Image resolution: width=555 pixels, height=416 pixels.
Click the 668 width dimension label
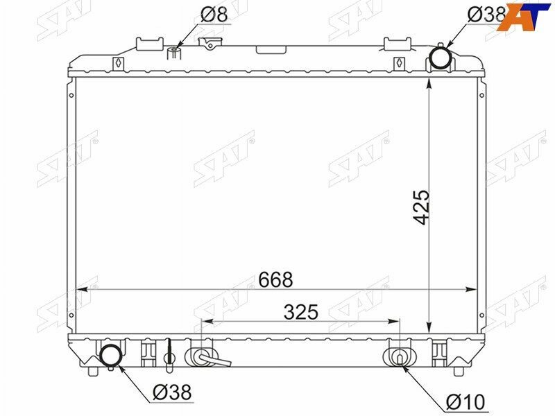click(x=275, y=280)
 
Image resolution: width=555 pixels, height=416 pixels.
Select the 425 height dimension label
click(x=422, y=207)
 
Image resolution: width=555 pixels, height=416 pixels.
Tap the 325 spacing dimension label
click(x=301, y=312)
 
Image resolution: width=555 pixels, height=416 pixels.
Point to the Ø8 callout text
click(x=214, y=15)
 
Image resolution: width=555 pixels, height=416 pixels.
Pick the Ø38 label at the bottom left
click(x=172, y=392)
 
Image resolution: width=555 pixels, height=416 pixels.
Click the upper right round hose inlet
click(x=440, y=58)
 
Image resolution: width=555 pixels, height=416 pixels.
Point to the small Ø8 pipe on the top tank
click(x=174, y=53)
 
